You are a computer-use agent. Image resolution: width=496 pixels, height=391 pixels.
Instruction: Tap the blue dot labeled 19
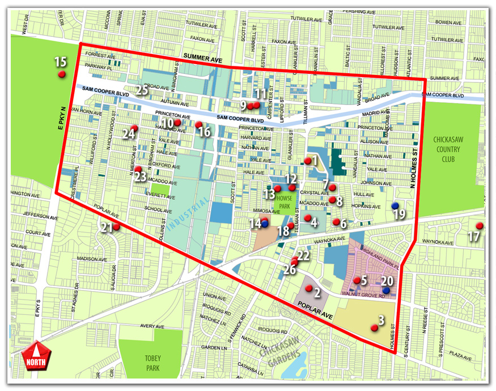(395, 205)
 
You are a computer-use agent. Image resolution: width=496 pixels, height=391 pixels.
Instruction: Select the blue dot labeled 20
(386, 290)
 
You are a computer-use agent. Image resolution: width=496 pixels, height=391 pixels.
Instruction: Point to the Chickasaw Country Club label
(448, 149)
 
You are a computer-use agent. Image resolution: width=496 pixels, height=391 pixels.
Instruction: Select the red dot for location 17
(479, 225)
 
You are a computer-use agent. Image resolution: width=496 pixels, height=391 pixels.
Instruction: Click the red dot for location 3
(374, 327)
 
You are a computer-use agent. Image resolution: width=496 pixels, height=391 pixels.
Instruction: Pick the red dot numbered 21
(116, 226)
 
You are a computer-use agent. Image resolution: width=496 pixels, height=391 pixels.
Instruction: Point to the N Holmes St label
(421, 165)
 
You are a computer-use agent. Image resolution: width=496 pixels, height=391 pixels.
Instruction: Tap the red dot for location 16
(198, 124)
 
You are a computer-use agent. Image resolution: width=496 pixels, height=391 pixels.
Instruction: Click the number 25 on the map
(142, 90)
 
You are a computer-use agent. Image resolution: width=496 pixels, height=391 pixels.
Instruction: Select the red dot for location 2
(308, 288)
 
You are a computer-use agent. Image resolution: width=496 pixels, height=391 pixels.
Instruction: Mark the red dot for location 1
(307, 161)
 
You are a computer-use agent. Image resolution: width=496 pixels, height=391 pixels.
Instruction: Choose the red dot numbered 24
(134, 127)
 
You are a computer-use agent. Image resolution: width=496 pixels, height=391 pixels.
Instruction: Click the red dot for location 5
(357, 280)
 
